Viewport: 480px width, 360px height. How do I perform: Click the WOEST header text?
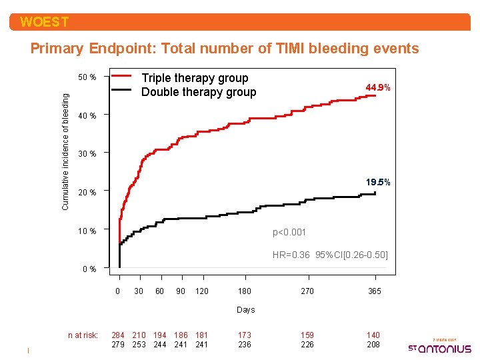44,22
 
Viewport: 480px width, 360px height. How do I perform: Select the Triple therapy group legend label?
195,79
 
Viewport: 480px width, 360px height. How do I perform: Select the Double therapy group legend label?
199,93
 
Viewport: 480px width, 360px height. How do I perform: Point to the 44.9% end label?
378,87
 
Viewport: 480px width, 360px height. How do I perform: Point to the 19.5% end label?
378,182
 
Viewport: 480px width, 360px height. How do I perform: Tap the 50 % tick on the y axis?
87,77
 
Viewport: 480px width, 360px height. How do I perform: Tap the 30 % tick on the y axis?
87,154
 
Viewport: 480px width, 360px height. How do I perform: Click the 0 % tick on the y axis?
88,269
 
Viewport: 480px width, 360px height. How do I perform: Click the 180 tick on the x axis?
245,291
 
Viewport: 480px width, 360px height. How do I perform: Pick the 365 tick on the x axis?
375,291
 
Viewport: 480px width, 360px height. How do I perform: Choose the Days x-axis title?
246,310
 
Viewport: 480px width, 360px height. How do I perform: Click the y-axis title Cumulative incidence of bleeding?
65,151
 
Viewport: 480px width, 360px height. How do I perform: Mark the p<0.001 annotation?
289,232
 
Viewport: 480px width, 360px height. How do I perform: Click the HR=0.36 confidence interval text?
330,255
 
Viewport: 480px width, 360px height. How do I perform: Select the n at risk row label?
83,335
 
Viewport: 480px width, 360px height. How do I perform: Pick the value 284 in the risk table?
118,335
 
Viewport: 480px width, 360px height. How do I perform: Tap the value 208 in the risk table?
374,345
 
